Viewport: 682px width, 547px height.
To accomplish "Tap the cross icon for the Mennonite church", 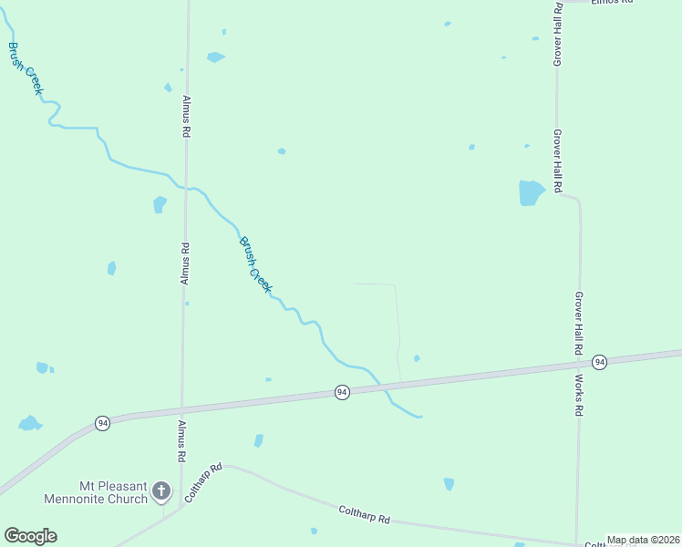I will click(x=160, y=492).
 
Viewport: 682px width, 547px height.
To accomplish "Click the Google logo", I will click(x=30, y=536).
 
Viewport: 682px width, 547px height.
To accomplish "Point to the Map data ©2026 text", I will click(x=643, y=540).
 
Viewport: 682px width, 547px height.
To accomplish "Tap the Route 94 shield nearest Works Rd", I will click(x=599, y=362).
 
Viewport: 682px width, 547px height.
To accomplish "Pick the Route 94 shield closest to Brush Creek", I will click(x=342, y=392).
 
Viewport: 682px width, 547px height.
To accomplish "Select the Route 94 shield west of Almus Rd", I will click(x=102, y=423).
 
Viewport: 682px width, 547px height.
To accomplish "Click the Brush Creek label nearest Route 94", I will click(x=256, y=264).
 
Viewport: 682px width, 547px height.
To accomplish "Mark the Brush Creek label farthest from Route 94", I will click(x=26, y=68).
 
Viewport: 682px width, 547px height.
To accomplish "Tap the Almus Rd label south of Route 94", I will click(x=181, y=441).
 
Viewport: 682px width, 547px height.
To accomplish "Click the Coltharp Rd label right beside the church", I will click(x=202, y=483).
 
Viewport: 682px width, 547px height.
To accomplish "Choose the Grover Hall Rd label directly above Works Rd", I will click(x=578, y=324).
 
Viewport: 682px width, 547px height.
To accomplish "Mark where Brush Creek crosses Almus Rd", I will click(x=186, y=187).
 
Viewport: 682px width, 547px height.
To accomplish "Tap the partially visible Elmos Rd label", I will click(x=611, y=3).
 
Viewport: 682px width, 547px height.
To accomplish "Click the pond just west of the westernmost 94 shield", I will click(x=29, y=424).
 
